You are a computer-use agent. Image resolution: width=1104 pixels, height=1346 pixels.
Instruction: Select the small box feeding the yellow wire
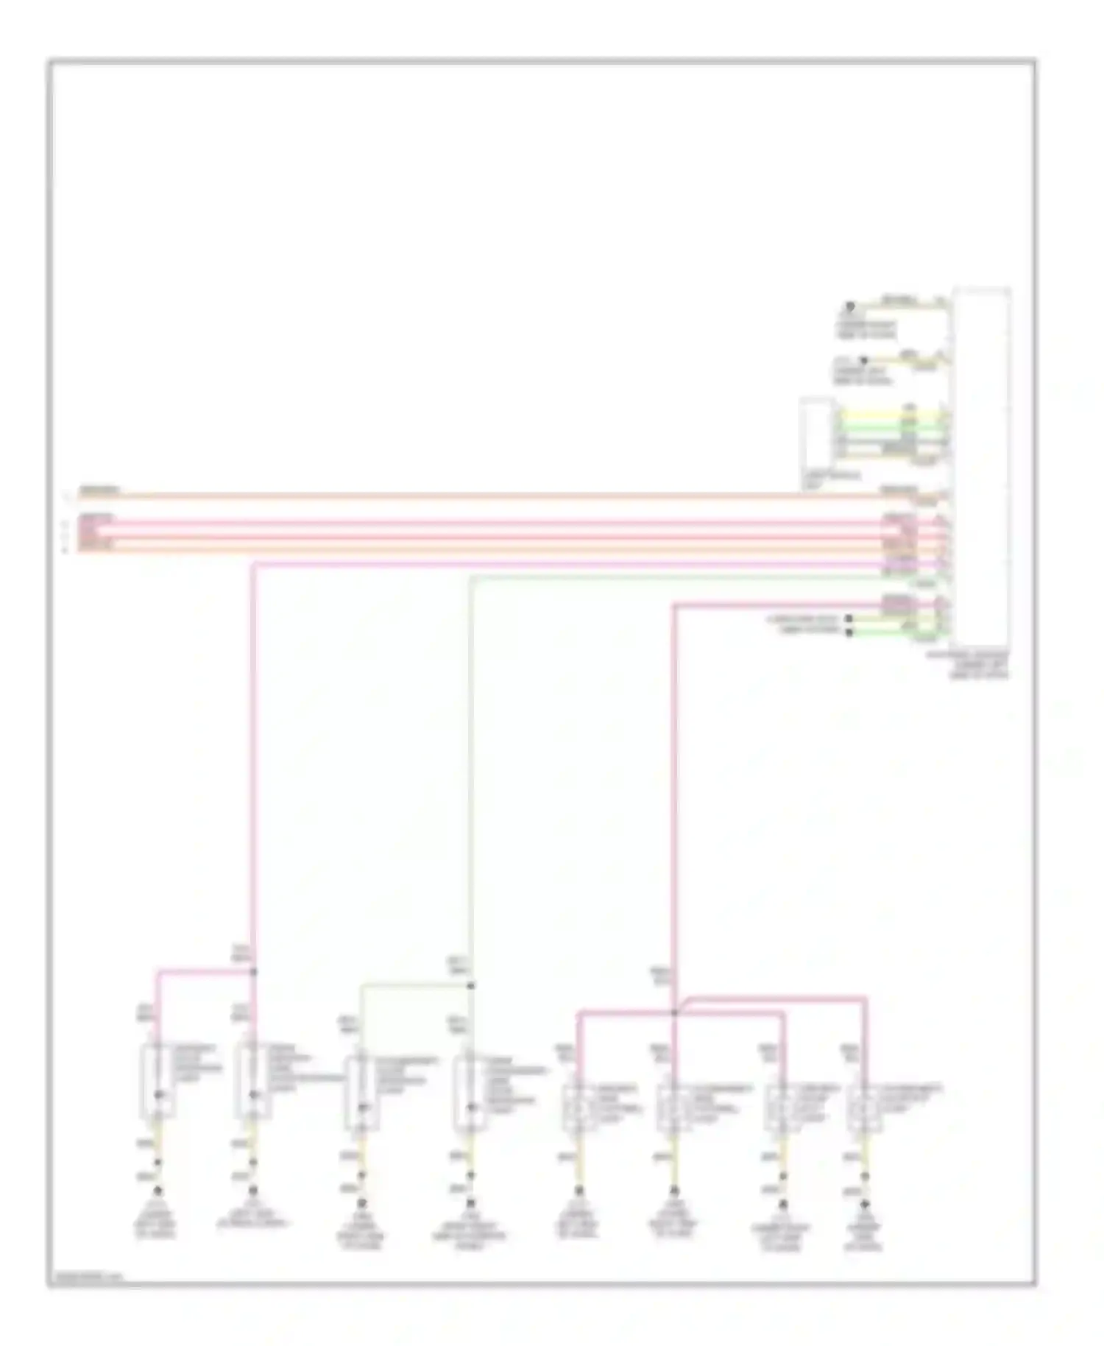coord(817,441)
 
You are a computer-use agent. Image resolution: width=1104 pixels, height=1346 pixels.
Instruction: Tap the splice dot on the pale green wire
coord(471,986)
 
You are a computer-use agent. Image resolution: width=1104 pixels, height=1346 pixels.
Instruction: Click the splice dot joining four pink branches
coord(674,1013)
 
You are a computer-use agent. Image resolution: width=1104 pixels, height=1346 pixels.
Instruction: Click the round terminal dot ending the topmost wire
coord(850,306)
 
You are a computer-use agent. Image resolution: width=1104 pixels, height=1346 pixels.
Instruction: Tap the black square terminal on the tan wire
coord(849,619)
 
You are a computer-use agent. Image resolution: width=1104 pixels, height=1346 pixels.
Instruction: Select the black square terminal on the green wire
coord(849,633)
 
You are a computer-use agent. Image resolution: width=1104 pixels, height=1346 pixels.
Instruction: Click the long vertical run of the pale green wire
coord(470,773)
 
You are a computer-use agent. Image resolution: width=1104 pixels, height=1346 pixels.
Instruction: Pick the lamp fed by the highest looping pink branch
coord(864,1109)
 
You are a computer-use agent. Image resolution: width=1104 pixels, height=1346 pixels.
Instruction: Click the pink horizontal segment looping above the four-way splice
coord(773,999)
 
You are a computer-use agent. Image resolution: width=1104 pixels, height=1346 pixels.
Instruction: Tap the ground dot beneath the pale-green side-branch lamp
coord(361,1204)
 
